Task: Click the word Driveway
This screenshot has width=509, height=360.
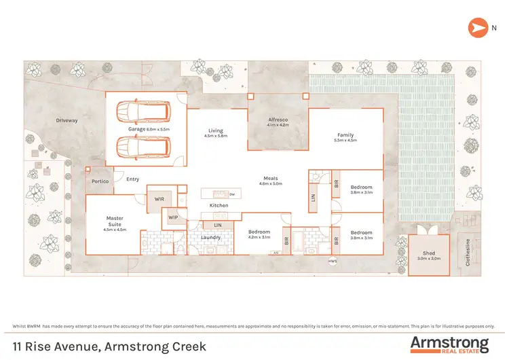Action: [x=67, y=120]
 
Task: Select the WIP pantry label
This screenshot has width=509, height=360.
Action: [x=174, y=217]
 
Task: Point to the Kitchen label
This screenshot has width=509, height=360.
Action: [x=219, y=204]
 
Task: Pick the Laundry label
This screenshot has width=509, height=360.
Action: [x=210, y=237]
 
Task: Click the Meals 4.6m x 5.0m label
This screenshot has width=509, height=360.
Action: [x=271, y=181]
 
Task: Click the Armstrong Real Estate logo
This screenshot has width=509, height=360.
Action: [x=449, y=344]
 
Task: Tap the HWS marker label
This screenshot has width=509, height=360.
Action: [x=333, y=262]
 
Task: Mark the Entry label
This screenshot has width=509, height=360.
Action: [x=132, y=179]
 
